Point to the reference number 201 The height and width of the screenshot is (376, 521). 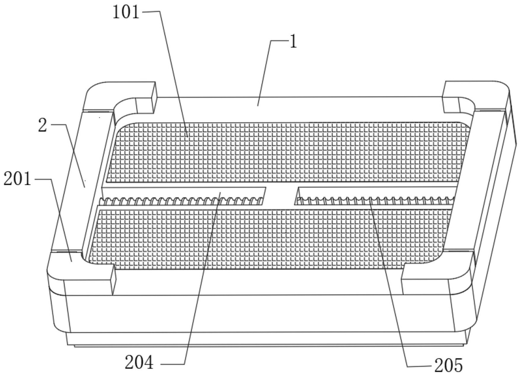coord(17,180)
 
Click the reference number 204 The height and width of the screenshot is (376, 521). coord(139,362)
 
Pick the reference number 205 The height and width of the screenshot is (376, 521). coord(449,365)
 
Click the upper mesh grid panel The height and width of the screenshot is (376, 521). coord(287,152)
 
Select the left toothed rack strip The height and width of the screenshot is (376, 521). coord(181,201)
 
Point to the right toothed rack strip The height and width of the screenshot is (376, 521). coord(375,201)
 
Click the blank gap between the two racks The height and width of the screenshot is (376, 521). coord(281,196)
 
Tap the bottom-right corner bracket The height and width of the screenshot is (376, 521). coord(437,272)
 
